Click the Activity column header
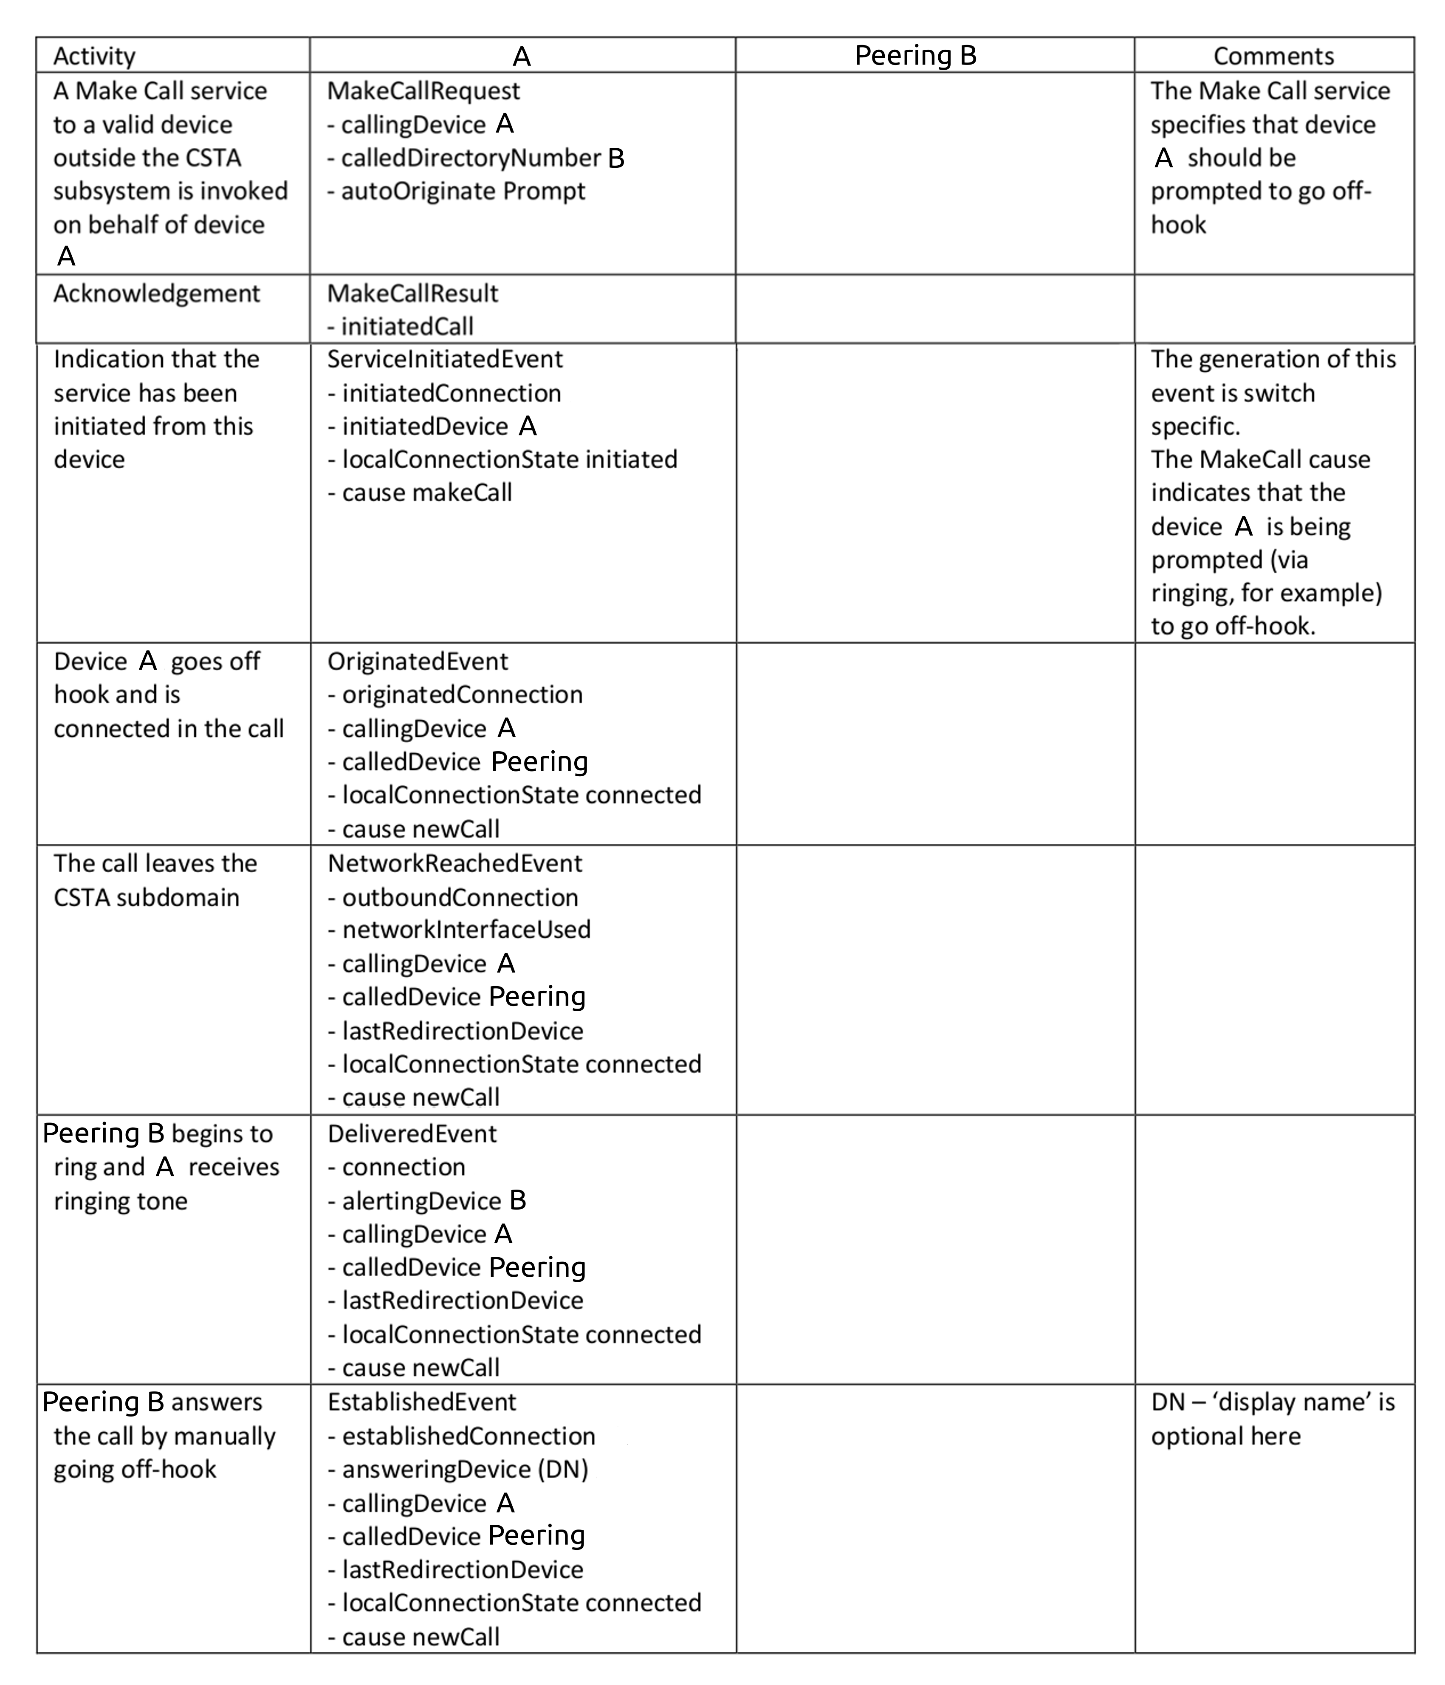tap(94, 56)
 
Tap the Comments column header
tap(1273, 56)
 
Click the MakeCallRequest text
tap(423, 91)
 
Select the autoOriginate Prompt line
tap(456, 191)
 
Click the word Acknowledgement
tap(156, 294)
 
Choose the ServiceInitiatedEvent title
tap(445, 359)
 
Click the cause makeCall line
tap(420, 493)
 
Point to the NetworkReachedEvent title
tap(454, 864)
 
